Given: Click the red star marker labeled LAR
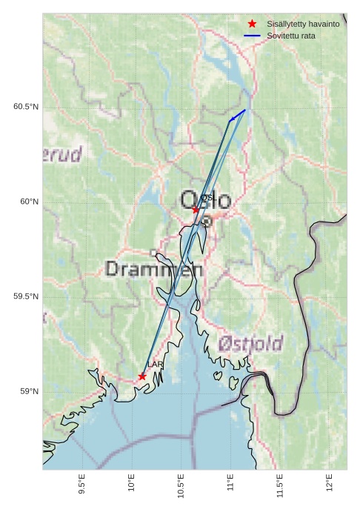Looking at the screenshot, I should point(142,376).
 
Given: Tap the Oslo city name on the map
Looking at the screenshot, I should point(206,200).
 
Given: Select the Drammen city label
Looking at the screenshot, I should point(154,270).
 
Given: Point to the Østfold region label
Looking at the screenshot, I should point(250,344).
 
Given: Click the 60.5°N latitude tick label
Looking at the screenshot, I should point(26,107).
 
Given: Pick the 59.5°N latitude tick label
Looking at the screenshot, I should point(26,296).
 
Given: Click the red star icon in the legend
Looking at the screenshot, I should point(253,24).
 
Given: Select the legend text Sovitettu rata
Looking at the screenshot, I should point(291,36).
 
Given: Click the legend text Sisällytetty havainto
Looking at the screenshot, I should point(303,24).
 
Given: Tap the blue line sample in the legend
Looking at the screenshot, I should point(253,36).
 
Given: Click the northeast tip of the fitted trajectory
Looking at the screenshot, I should point(245,110).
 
